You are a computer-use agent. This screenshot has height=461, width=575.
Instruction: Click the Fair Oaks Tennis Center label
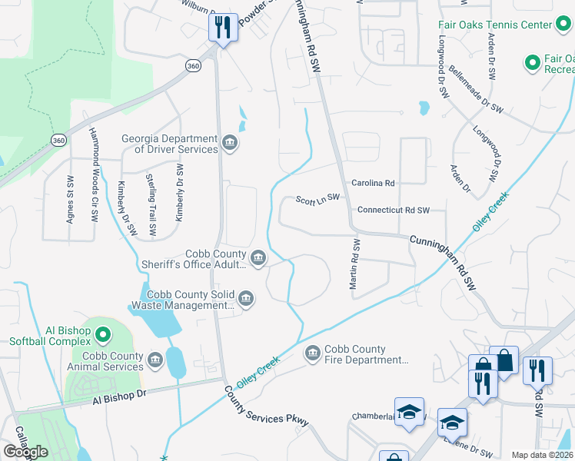coord(495,25)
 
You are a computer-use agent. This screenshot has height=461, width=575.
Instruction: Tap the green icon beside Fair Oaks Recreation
coord(531,61)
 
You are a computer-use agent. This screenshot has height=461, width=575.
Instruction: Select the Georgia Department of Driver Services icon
coord(230,143)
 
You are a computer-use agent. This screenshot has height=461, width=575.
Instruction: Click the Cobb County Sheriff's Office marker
coord(258,257)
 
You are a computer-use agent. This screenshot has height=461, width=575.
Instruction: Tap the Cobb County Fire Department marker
coord(312,353)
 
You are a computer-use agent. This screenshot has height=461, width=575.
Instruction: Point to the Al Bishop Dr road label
coord(119,396)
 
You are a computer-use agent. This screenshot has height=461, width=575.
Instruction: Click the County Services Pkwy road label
coord(267,406)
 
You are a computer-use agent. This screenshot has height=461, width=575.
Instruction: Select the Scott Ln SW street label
coord(317,199)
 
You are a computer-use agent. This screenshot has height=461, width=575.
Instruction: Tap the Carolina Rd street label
coord(373,184)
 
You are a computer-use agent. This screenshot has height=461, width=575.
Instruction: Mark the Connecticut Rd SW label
coord(393,210)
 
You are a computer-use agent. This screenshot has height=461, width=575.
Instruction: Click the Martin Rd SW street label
coord(355,264)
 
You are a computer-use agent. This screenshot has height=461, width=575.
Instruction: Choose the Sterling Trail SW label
coord(152,204)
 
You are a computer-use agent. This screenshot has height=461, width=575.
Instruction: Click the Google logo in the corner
coord(25,452)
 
